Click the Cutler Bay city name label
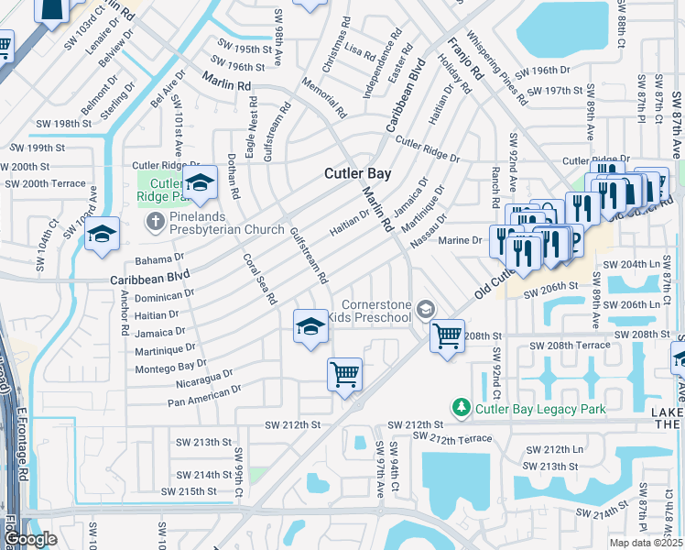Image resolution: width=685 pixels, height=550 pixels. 358,173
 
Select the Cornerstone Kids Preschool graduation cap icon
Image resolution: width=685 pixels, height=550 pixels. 424,310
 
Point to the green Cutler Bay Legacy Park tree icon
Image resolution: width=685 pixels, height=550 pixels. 462,407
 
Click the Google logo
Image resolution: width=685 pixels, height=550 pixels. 29,539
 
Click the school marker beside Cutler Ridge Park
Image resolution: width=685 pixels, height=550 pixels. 200,184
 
